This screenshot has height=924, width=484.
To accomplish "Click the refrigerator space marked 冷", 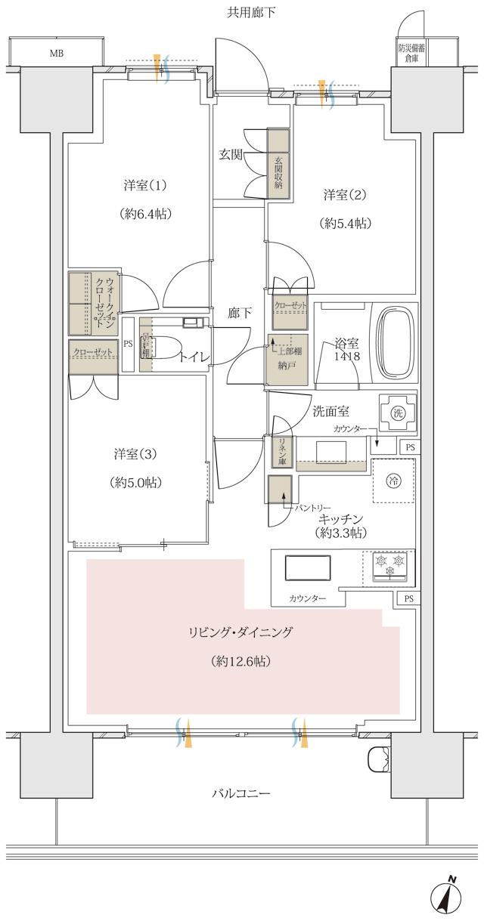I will point(392,480).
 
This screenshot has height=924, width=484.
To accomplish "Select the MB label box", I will point(57,54).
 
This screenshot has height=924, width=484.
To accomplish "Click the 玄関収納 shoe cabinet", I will point(278,164).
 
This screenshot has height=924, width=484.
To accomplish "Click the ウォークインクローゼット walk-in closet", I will point(95,302).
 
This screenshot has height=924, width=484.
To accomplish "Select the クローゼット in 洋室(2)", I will point(290,311).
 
